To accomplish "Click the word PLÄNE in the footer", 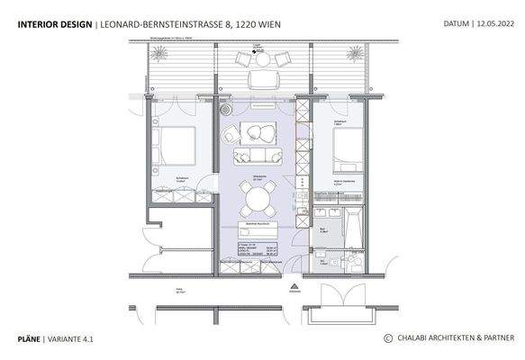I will (31, 338).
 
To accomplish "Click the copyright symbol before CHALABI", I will (388, 338).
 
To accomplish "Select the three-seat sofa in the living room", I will (253, 157).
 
